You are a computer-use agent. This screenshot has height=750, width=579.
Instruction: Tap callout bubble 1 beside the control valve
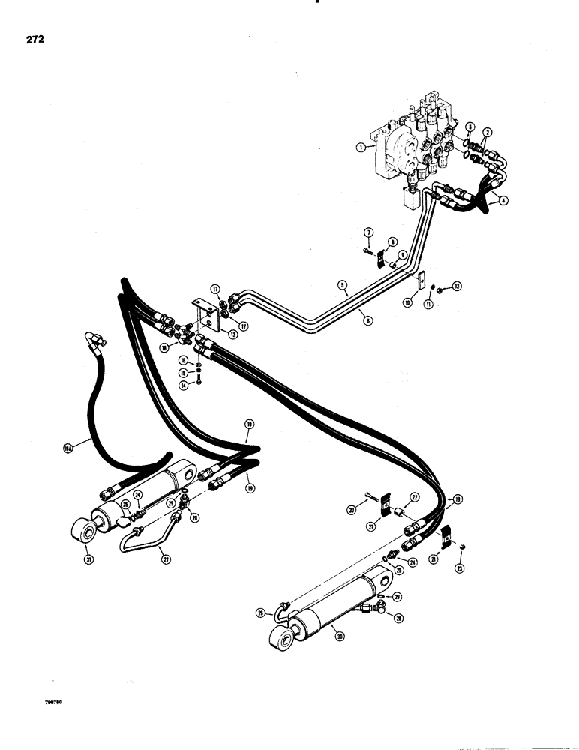click(x=362, y=148)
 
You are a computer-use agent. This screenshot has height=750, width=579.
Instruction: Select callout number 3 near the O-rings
click(x=469, y=125)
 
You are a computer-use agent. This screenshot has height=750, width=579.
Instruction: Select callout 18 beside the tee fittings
click(x=165, y=348)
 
